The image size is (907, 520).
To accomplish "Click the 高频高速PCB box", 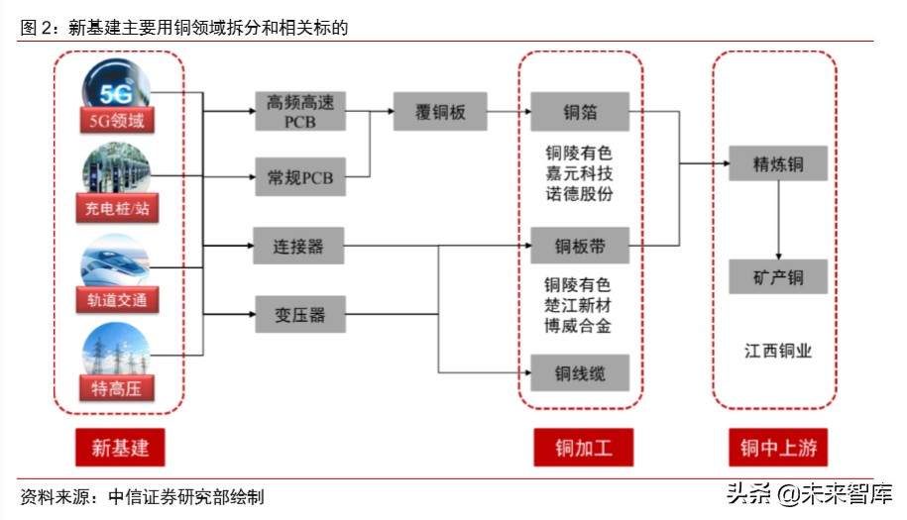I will click(299, 112).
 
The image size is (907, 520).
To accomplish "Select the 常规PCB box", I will click(299, 177).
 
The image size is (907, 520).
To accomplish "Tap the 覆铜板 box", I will click(440, 112).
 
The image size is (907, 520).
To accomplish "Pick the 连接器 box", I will click(299, 246).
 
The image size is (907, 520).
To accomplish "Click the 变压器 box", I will click(299, 316).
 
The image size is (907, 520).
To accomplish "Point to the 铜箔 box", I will click(580, 112).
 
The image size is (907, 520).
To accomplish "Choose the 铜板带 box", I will click(580, 246).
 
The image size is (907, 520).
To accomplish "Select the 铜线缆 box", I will click(580, 372).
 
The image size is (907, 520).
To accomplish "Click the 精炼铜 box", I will click(778, 163).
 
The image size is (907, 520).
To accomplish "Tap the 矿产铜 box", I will click(778, 277).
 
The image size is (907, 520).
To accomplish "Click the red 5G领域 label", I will click(118, 122).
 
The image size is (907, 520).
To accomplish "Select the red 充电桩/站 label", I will click(118, 209).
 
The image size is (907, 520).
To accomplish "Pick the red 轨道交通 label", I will click(118, 299).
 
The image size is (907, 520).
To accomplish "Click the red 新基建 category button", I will click(119, 447).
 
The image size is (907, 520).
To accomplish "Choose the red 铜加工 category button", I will click(580, 447).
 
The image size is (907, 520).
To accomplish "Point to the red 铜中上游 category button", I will click(778, 447).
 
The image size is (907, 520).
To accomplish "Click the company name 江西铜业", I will click(778, 351).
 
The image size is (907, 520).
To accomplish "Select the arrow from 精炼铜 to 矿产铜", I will click(778, 221).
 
